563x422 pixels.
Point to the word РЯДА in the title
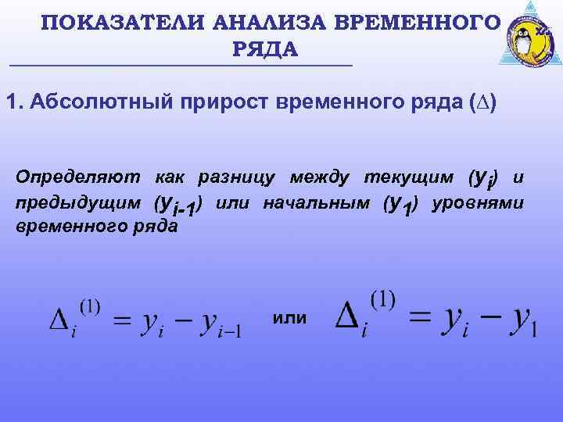point(265,50)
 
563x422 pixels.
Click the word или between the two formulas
point(291,318)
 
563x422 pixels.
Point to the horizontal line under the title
point(180,65)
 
